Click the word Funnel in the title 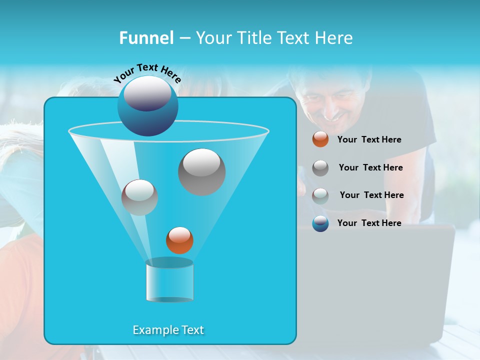146,38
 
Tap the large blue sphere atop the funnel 147,106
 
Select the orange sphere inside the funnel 179,240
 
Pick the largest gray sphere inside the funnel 201,172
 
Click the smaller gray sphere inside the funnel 139,197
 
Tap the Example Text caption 168,330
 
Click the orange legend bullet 320,139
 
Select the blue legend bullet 320,223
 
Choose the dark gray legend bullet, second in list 320,168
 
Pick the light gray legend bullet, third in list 320,195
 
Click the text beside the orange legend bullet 369,139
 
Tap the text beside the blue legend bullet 369,223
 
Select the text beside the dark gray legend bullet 370,167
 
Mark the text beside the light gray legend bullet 371,195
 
